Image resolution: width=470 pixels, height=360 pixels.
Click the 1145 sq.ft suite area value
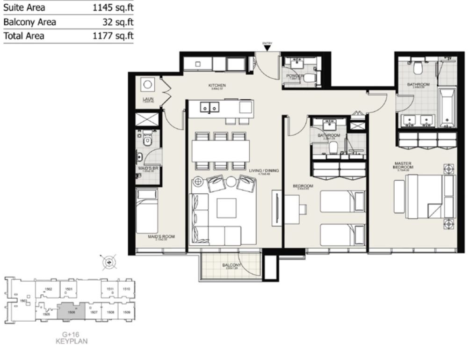tap(113, 7)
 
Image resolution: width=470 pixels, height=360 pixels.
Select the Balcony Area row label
tap(29, 22)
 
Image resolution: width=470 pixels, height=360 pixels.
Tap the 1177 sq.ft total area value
tap(113, 36)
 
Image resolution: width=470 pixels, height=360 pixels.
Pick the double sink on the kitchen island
tap(209, 108)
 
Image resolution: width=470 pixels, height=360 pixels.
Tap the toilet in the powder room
tap(307, 79)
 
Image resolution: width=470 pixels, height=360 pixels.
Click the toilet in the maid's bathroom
tap(147, 140)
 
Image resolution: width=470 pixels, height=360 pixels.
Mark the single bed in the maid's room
tap(147, 211)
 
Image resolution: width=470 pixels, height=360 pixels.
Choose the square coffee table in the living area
tap(226, 207)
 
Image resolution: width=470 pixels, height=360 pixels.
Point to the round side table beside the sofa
tap(198, 181)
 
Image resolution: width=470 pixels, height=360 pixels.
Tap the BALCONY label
tap(231, 265)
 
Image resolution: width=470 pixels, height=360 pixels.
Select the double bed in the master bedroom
tap(429, 197)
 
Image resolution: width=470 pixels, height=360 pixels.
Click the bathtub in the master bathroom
tap(448, 108)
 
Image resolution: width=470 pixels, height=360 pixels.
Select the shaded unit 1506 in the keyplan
tap(72, 311)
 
